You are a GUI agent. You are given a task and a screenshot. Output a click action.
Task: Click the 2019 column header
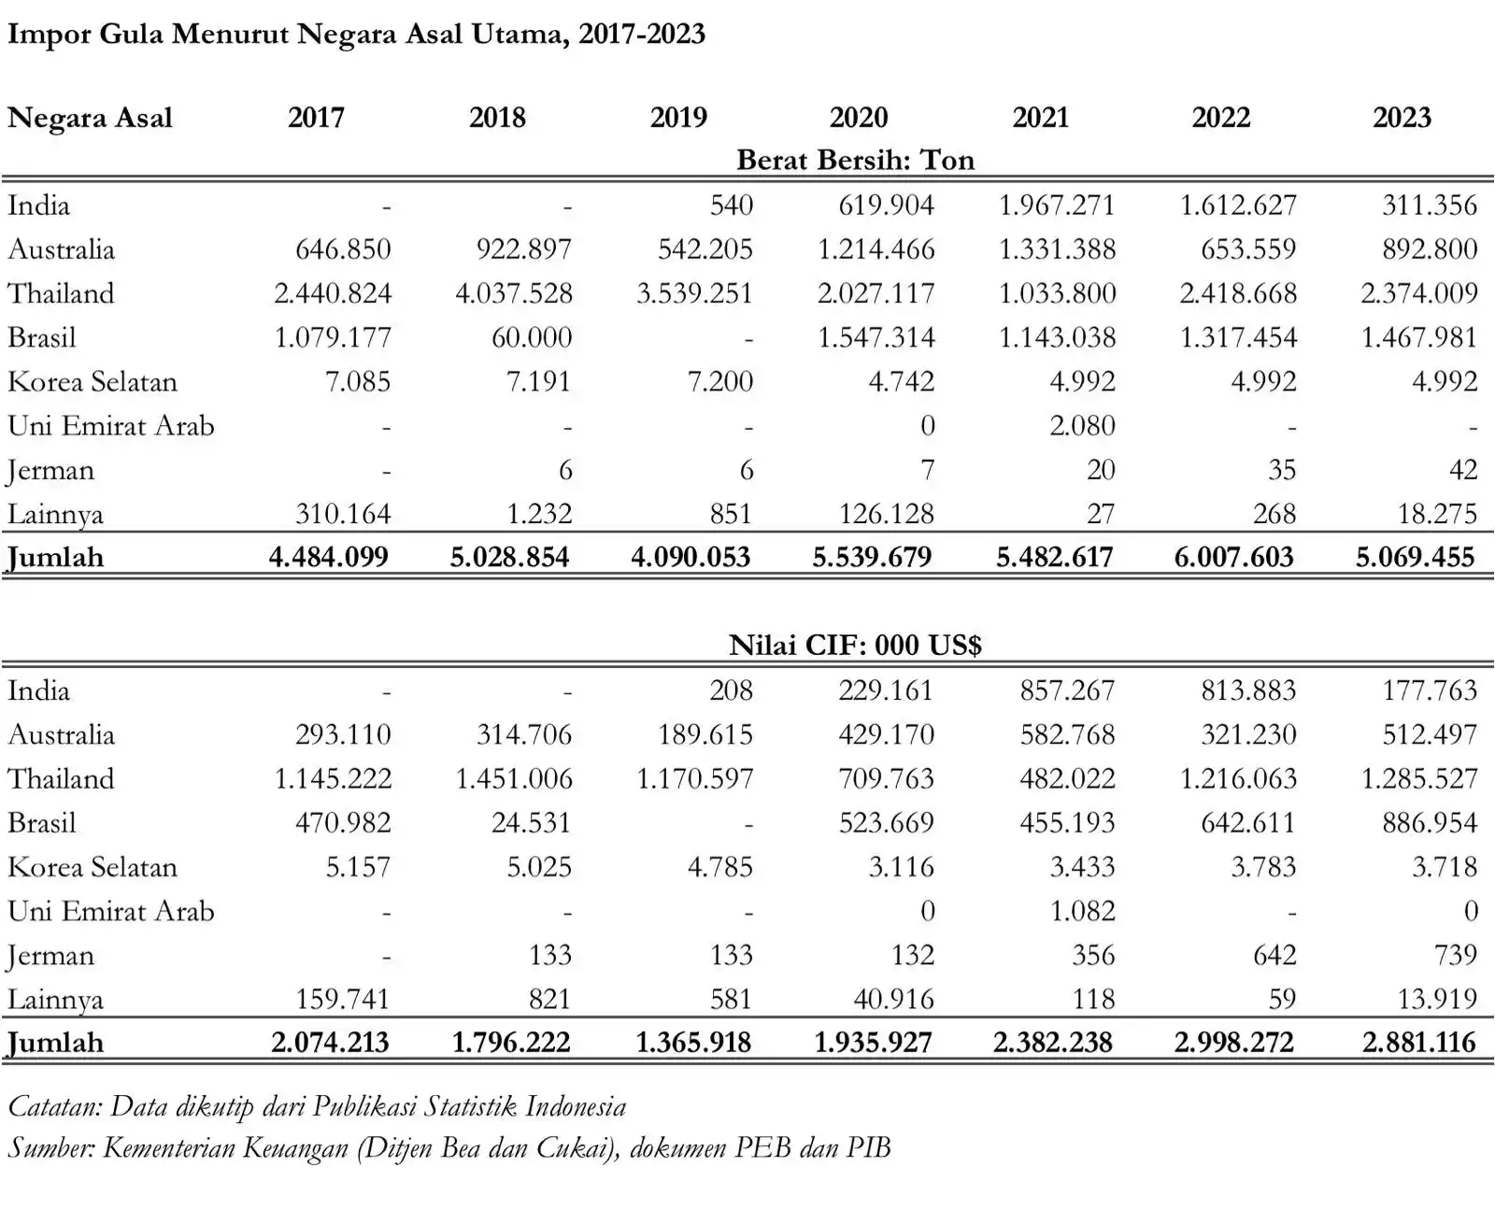coord(678,118)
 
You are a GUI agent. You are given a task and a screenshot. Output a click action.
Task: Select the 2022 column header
coord(1220,118)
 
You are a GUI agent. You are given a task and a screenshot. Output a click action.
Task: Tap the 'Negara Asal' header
coord(90,119)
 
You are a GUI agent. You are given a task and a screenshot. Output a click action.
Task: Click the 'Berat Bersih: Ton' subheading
coord(855,160)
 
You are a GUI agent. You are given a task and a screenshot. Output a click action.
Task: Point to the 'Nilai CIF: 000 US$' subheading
coord(855,645)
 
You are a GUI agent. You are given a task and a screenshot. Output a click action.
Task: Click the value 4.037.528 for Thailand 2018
coord(513,293)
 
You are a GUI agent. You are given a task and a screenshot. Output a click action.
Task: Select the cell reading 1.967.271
coord(1057,206)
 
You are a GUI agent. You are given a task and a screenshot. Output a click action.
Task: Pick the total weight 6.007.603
coord(1233,558)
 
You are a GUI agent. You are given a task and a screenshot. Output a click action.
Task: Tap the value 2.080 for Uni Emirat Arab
coord(1082,426)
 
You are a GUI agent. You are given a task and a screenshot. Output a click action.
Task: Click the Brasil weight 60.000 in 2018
coord(532,337)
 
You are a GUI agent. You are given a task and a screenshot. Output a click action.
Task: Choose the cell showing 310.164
coord(343,514)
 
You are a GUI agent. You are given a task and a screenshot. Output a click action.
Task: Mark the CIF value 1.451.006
coord(513,779)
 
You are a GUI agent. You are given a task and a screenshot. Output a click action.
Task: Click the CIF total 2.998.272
coord(1233,1043)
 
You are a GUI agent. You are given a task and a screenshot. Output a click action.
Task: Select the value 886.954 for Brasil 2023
coord(1430,823)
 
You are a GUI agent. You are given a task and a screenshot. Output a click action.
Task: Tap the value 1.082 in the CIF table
coord(1082,911)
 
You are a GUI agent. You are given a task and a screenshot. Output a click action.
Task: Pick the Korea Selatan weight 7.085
coord(357,381)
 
